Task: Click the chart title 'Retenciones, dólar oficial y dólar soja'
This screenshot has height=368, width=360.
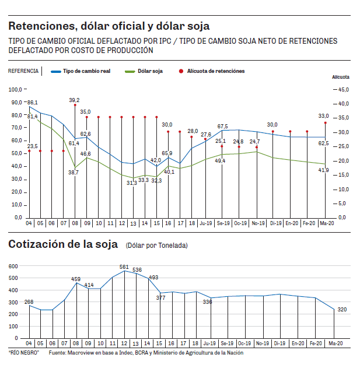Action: (x=109, y=26)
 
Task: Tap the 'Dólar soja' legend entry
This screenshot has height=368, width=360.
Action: (x=150, y=71)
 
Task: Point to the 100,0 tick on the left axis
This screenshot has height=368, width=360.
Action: (x=15, y=90)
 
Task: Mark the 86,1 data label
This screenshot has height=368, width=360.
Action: (x=33, y=103)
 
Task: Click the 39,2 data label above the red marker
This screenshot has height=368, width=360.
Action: (x=74, y=100)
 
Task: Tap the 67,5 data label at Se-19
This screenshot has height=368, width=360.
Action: (x=222, y=127)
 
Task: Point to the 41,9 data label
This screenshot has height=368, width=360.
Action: (x=323, y=170)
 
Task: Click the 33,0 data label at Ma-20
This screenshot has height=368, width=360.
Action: (x=323, y=116)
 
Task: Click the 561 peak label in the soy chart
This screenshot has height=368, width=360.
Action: (x=124, y=267)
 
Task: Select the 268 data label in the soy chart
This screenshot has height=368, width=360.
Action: (x=29, y=302)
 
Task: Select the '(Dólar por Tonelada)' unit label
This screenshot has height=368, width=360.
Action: (x=157, y=246)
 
